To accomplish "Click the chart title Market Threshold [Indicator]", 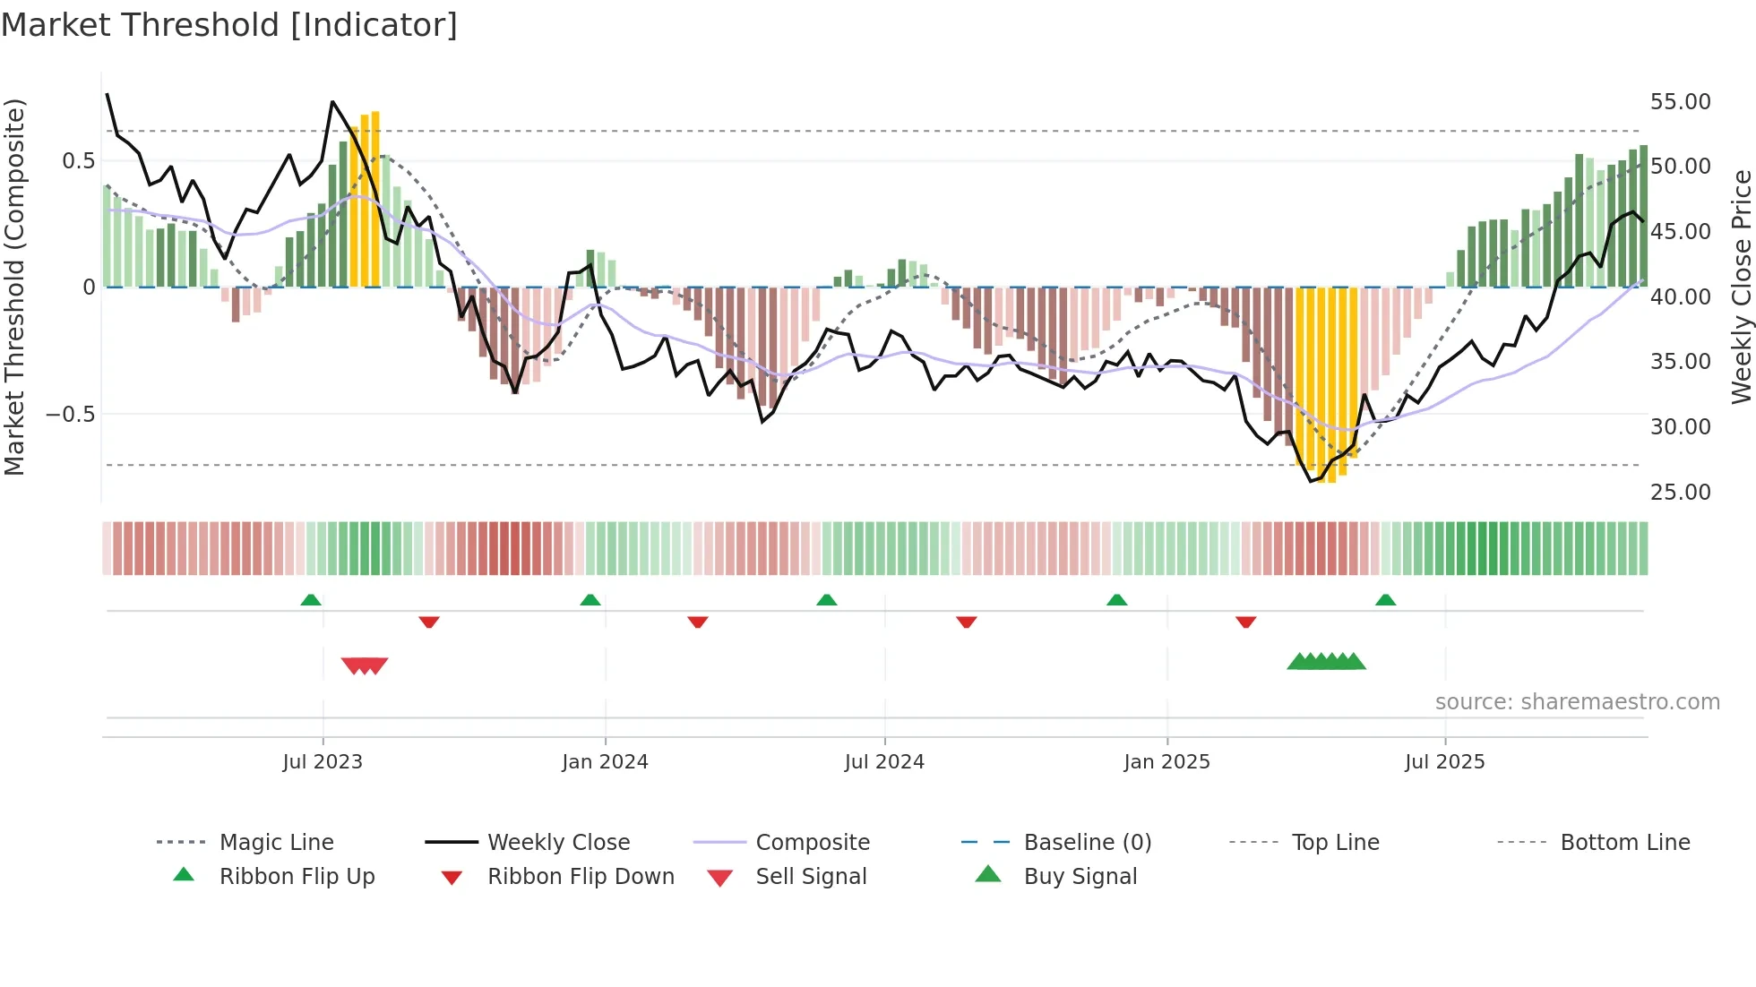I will tap(229, 25).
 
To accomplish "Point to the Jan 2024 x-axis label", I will tap(605, 762).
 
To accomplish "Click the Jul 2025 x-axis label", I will tap(1444, 762).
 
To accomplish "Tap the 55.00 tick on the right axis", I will tap(1680, 102).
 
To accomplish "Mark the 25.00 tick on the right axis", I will tap(1680, 493).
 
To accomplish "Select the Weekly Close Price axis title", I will tap(1741, 287).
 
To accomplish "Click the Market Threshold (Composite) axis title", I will tap(14, 287).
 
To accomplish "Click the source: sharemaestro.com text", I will tap(1577, 702).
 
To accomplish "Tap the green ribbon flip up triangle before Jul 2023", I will tap(311, 600).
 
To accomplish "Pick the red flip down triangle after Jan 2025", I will tap(1245, 622).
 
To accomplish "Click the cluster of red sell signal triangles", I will tap(365, 665).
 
